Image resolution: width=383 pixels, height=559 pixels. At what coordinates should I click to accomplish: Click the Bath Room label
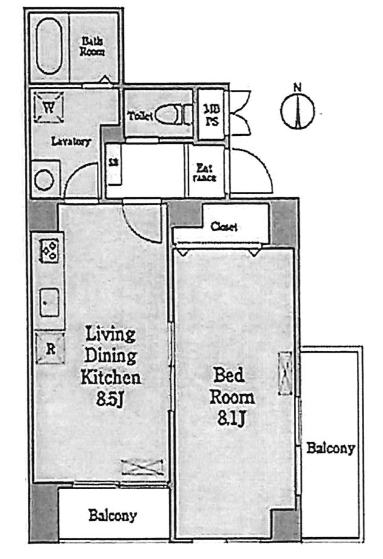(x=93, y=47)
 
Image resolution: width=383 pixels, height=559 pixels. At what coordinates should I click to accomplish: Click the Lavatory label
(x=70, y=142)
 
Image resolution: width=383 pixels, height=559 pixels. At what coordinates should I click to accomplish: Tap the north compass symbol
(x=297, y=110)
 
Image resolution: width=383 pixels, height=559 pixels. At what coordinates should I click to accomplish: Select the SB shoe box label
(x=113, y=163)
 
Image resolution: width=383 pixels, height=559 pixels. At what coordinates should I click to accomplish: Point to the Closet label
(x=223, y=226)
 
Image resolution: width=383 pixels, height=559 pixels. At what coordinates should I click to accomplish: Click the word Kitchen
(x=111, y=378)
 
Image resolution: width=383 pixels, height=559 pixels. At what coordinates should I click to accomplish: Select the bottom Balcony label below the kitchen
(x=112, y=516)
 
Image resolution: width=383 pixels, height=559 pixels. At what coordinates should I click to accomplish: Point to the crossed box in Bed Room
(x=285, y=373)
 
